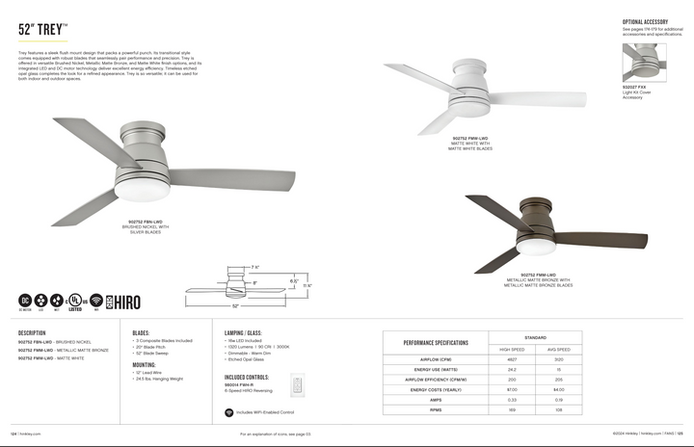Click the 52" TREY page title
pos(42,29)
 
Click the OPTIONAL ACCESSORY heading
pos(645,20)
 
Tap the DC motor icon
pos(25,300)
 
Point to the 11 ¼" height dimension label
pos(307,285)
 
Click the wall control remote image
pos(297,384)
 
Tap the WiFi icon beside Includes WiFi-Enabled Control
pos(228,411)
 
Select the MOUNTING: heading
pos(145,366)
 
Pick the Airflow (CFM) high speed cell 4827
pos(513,358)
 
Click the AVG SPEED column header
pos(559,349)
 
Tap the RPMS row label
pos(436,409)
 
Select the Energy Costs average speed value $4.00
pos(559,389)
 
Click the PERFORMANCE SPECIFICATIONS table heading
pos(436,343)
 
